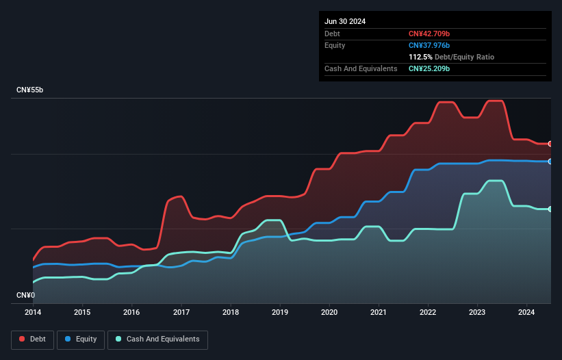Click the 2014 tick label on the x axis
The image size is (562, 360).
pyautogui.click(x=33, y=313)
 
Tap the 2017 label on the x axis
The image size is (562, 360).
pyautogui.click(x=181, y=313)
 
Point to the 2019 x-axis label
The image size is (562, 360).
pyautogui.click(x=280, y=313)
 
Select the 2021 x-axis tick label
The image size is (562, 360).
pyautogui.click(x=379, y=313)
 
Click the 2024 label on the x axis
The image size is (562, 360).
pyautogui.click(x=526, y=313)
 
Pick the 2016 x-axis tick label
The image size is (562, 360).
pyautogui.click(x=131, y=313)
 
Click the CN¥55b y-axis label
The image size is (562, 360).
pyautogui.click(x=30, y=90)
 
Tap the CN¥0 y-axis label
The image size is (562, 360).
pyautogui.click(x=25, y=295)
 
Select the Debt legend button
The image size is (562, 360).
pyautogui.click(x=32, y=339)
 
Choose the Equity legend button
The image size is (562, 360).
pyautogui.click(x=81, y=339)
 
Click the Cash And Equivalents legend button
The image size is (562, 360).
pyautogui.click(x=157, y=339)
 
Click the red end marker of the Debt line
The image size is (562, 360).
pyautogui.click(x=550, y=144)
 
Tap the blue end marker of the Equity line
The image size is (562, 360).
pyautogui.click(x=550, y=162)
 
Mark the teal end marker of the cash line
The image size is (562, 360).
pyautogui.click(x=550, y=209)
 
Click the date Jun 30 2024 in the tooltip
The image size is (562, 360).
pyautogui.click(x=345, y=21)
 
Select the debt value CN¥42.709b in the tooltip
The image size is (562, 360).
pyautogui.click(x=429, y=34)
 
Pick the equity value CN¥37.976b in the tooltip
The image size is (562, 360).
pyautogui.click(x=429, y=45)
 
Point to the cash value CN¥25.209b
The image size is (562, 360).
pyautogui.click(x=429, y=68)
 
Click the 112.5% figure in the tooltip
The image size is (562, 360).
pyautogui.click(x=420, y=57)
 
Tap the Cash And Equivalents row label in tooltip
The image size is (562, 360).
pyautogui.click(x=361, y=68)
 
